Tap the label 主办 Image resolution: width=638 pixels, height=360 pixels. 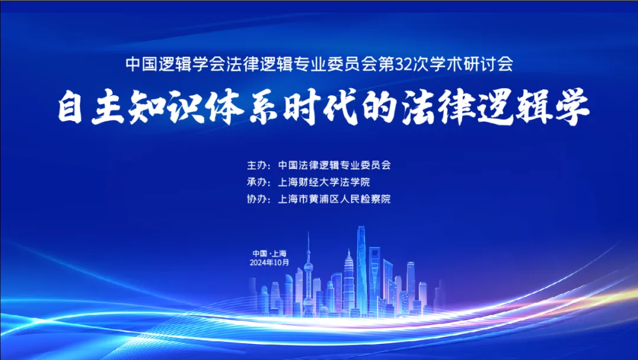[257, 165]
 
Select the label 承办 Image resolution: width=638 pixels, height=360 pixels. [257, 182]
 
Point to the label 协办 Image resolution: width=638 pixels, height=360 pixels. [257, 199]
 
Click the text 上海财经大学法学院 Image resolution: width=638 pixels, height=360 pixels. [324, 182]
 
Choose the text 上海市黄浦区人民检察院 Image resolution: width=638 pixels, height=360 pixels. [334, 199]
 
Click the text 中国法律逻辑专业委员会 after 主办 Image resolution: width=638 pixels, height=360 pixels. [334, 165]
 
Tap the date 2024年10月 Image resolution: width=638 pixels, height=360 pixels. [269, 262]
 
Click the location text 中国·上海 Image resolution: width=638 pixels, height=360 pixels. [269, 254]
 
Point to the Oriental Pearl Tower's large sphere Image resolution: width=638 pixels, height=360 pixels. [308, 268]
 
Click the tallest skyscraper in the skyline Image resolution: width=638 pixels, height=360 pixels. [362, 269]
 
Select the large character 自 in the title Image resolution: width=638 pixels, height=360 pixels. [70, 107]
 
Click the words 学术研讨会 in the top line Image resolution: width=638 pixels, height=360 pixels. [471, 64]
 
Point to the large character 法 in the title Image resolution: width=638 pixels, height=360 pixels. [418, 107]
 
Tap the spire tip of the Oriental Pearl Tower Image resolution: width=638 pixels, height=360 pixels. [308, 231]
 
